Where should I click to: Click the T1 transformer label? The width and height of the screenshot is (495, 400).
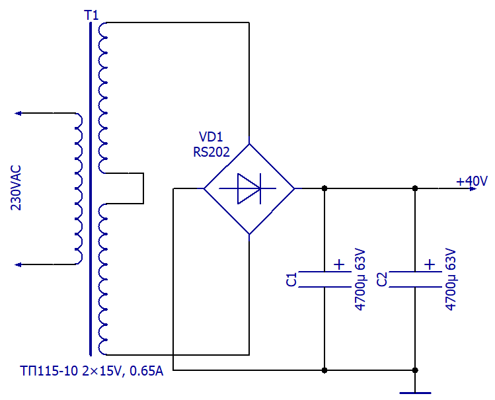coord(91,15)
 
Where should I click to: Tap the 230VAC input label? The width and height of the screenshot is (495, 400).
coord(16,188)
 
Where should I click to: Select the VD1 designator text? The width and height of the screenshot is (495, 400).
coord(211,137)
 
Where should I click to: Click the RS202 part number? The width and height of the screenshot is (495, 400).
coord(211,152)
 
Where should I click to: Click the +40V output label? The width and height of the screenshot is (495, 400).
coord(472,181)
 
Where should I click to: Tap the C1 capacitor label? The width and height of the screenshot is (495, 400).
coord(291,280)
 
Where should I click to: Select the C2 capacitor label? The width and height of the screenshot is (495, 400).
coord(382,280)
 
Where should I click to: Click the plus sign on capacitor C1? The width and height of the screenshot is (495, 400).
coord(339,264)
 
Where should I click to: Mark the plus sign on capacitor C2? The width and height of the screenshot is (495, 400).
coord(430,264)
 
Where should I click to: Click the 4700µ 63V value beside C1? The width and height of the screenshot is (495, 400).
coord(360,280)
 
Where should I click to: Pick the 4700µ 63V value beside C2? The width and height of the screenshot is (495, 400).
coord(451,280)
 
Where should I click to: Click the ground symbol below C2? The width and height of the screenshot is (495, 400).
coord(415,393)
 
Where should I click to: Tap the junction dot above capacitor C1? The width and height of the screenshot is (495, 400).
coord(324,188)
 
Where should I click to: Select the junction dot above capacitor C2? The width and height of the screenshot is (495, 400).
coord(415,188)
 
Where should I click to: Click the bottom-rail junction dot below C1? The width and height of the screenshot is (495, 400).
coord(324,370)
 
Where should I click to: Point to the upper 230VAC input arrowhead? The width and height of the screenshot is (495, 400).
coord(18,113)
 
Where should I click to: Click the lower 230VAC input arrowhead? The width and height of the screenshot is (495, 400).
coord(18,264)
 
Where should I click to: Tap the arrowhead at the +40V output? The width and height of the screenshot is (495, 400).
coord(473,189)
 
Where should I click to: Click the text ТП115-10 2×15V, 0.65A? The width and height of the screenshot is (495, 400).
coord(92,372)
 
